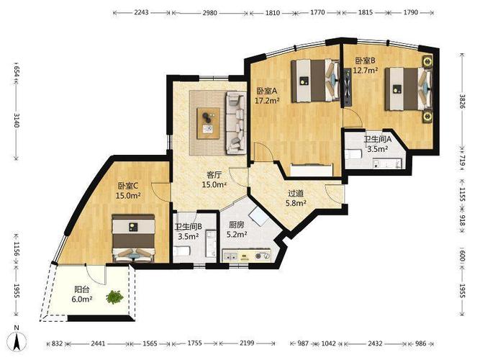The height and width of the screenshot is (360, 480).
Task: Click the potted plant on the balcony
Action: (114, 297)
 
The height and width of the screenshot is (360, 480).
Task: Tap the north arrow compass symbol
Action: (18, 339)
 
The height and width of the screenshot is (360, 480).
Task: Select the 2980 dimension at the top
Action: (210, 13)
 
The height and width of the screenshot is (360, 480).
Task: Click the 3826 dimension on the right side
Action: (462, 101)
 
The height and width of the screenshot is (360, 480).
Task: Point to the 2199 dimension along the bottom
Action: (247, 343)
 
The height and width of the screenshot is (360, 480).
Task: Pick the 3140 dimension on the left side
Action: (17, 120)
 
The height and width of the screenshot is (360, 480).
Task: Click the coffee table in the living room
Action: (208, 123)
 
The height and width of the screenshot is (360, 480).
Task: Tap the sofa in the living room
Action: (236, 123)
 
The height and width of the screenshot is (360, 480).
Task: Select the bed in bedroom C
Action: (133, 238)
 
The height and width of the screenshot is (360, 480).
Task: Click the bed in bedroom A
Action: (315, 81)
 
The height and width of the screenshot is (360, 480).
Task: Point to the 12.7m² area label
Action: (365, 71)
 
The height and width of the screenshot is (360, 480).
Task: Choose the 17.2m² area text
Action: (267, 100)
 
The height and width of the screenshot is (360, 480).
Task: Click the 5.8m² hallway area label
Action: (296, 203)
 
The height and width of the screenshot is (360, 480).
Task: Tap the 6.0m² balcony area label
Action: (82, 299)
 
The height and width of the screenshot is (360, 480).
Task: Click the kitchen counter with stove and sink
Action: (247, 256)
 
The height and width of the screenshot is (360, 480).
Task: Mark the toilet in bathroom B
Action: (181, 251)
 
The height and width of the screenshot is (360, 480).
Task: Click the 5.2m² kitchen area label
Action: (237, 235)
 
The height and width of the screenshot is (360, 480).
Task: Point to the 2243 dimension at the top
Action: (141, 12)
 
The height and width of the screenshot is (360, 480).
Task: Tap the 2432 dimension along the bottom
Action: (375, 343)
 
